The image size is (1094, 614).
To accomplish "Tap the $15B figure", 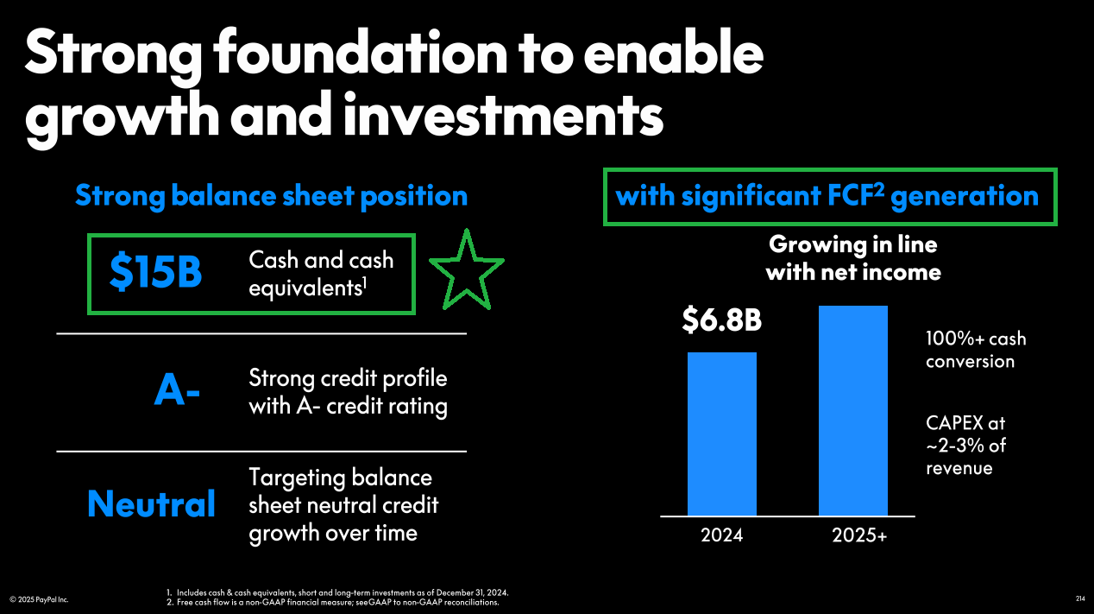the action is coord(155,272).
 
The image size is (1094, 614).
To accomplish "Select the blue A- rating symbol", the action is coord(177,389).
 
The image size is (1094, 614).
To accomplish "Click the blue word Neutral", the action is coord(151,503).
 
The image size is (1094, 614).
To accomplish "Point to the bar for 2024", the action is coord(722,434).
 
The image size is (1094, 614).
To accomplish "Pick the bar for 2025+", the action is coord(853,411).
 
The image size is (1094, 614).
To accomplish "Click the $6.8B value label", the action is coord(721,320).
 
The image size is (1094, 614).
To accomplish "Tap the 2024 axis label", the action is coord(722,535).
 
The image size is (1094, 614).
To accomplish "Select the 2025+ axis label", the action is coord(859,535).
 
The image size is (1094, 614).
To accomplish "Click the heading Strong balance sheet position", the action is coord(272,196).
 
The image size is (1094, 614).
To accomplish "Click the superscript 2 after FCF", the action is coord(878,189).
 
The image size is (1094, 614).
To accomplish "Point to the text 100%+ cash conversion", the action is coord(976,350).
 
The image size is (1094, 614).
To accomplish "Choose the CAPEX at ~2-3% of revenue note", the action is coord(966,446).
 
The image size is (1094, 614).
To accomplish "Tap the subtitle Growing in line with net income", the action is coord(853,258).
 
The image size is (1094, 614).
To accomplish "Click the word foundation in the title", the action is coord(361,54).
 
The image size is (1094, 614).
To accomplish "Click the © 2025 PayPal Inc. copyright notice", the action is coord(39,599).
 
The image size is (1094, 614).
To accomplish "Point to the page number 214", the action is coord(1080,598).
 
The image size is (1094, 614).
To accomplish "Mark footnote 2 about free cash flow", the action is coord(332,602).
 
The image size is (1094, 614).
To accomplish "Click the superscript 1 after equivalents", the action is coord(364,283).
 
